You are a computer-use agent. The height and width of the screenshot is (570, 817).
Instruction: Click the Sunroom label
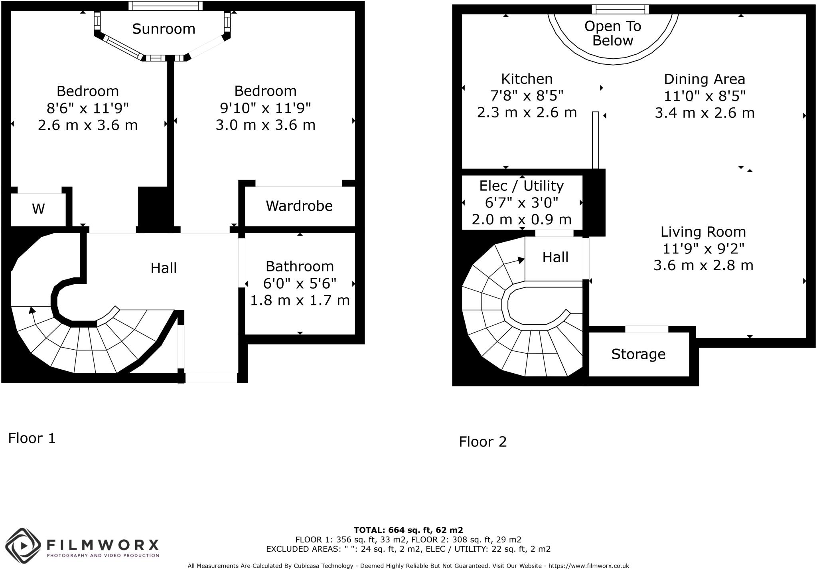tap(164, 29)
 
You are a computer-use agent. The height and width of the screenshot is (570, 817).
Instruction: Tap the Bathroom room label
tap(300, 266)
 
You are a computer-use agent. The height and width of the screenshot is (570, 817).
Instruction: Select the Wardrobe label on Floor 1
tap(299, 206)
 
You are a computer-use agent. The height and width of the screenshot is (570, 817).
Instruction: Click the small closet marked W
tap(38, 209)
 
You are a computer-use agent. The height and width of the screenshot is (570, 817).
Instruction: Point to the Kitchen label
tap(527, 79)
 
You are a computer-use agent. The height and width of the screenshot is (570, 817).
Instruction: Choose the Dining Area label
tap(705, 79)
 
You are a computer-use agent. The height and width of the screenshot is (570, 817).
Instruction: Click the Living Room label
tap(703, 232)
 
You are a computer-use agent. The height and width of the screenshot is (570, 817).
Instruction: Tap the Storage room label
tap(638, 354)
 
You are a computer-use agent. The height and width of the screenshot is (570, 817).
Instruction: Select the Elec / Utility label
tap(521, 186)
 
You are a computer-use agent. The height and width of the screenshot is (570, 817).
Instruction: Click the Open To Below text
tap(613, 33)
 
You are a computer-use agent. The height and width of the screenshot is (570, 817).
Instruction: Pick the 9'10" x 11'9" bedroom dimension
tap(265, 108)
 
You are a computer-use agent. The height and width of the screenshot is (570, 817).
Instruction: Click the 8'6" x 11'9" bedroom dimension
tap(88, 108)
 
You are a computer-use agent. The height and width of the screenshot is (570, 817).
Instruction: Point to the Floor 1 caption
tap(32, 438)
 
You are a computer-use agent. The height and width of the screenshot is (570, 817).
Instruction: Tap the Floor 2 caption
tap(483, 442)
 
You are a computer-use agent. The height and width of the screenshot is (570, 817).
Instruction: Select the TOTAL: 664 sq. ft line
tap(408, 530)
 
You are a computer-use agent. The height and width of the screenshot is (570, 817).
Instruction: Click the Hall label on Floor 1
tap(164, 268)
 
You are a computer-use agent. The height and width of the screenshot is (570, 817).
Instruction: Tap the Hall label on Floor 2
tap(555, 257)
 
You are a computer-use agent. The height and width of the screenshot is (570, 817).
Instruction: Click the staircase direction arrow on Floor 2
tap(520, 260)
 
